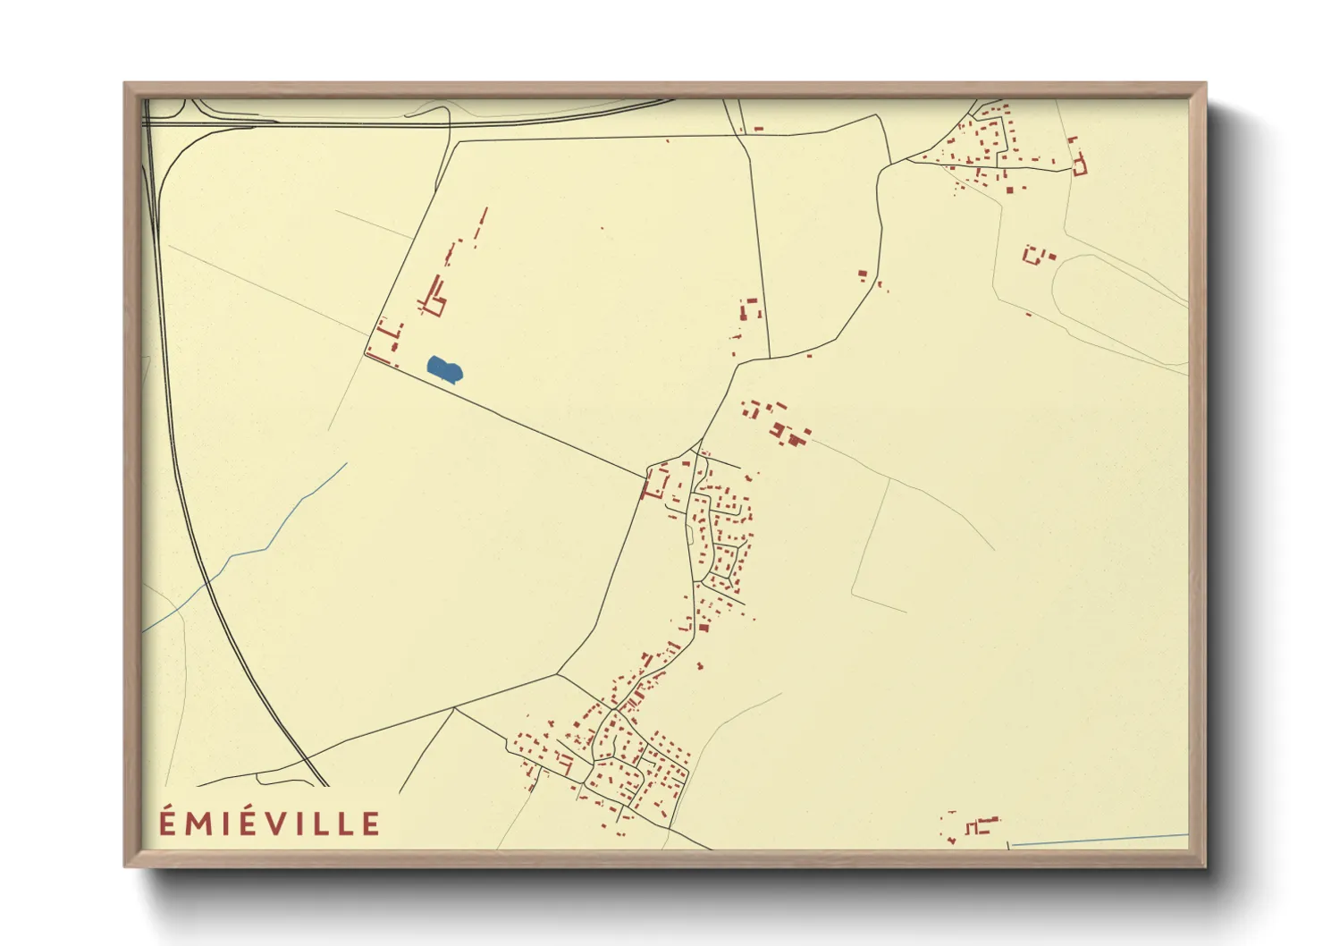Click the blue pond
(x=444, y=368)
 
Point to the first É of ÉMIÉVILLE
(x=167, y=821)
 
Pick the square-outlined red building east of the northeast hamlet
(x=1079, y=166)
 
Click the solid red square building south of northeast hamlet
(x=1009, y=189)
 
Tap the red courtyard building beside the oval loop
(x=1034, y=255)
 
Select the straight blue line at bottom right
(x=1100, y=840)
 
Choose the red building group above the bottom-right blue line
(x=974, y=825)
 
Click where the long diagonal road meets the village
(x=645, y=476)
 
